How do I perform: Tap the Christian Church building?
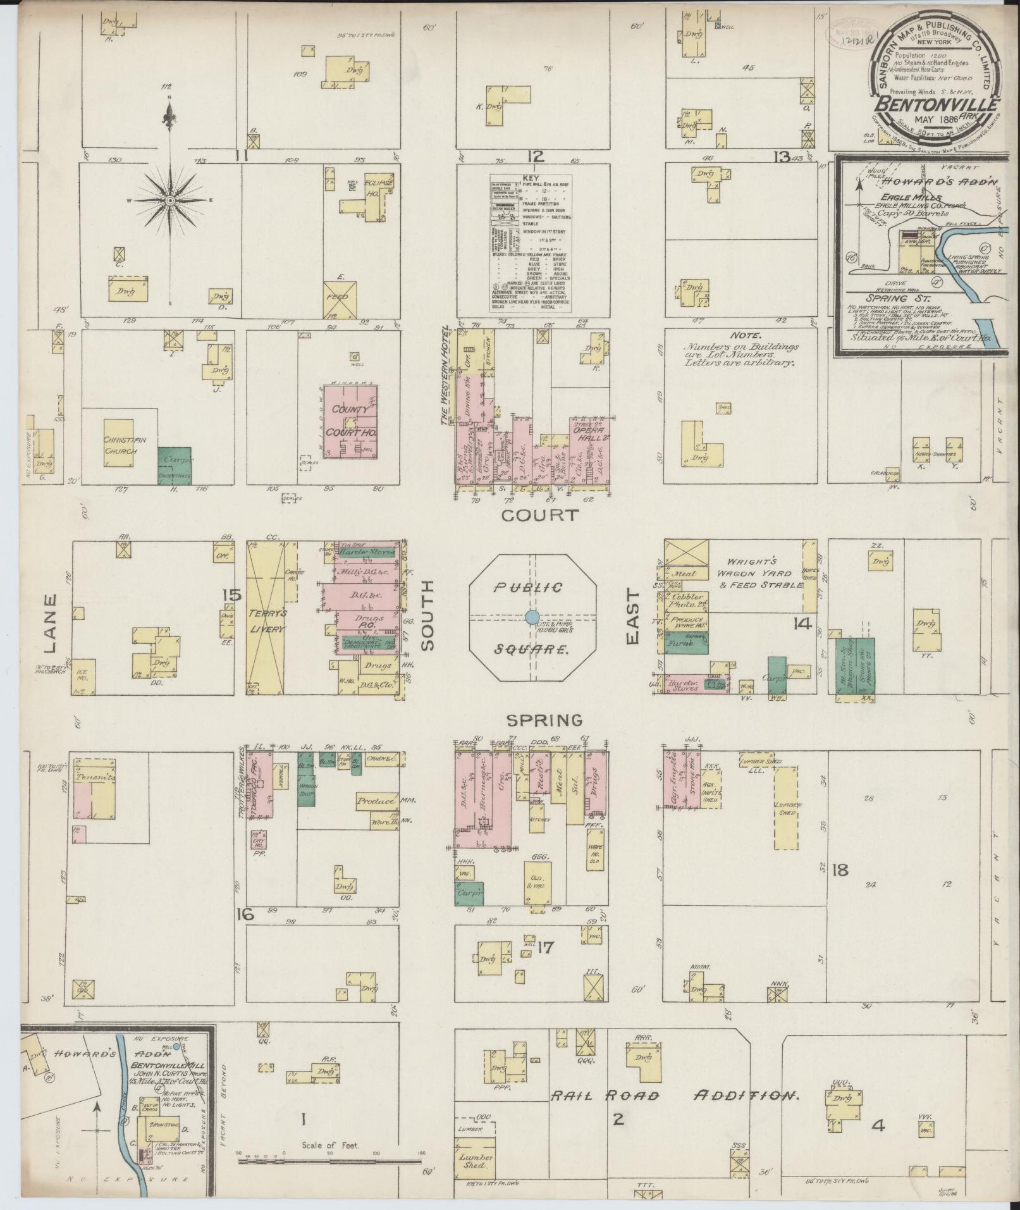pyautogui.click(x=118, y=443)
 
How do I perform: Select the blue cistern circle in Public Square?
pyautogui.click(x=532, y=617)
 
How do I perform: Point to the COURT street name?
pyautogui.click(x=540, y=515)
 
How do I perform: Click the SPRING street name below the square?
pyautogui.click(x=543, y=720)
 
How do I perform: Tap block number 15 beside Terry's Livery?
pyautogui.click(x=231, y=595)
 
